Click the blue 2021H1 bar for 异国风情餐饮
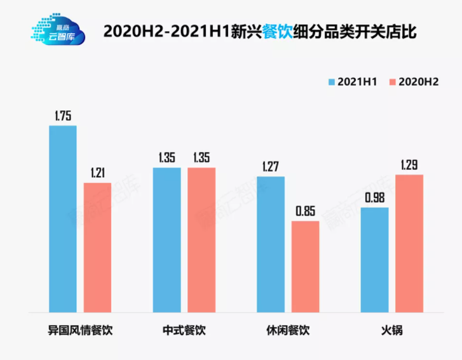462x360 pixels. coord(63,219)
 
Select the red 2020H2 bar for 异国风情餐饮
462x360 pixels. coord(97,248)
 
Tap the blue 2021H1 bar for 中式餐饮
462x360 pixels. coord(166,240)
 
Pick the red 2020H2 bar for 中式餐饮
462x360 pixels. coord(201,240)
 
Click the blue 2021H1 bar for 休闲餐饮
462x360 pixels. coord(271,244)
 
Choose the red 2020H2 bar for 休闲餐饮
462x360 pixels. coord(305,267)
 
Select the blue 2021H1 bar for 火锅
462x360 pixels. coord(374,260)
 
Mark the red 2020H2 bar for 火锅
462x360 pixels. coord(409,243)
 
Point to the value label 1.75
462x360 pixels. coord(63,116)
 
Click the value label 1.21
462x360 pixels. coord(97,173)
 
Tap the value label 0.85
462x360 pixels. coord(305,211)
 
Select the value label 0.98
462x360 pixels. coord(374,197)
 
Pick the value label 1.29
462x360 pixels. coord(409,164)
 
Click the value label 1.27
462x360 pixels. coord(271,167)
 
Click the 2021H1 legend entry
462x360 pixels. coord(353,82)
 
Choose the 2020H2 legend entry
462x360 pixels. coord(414,82)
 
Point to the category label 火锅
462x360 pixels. coord(391,331)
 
